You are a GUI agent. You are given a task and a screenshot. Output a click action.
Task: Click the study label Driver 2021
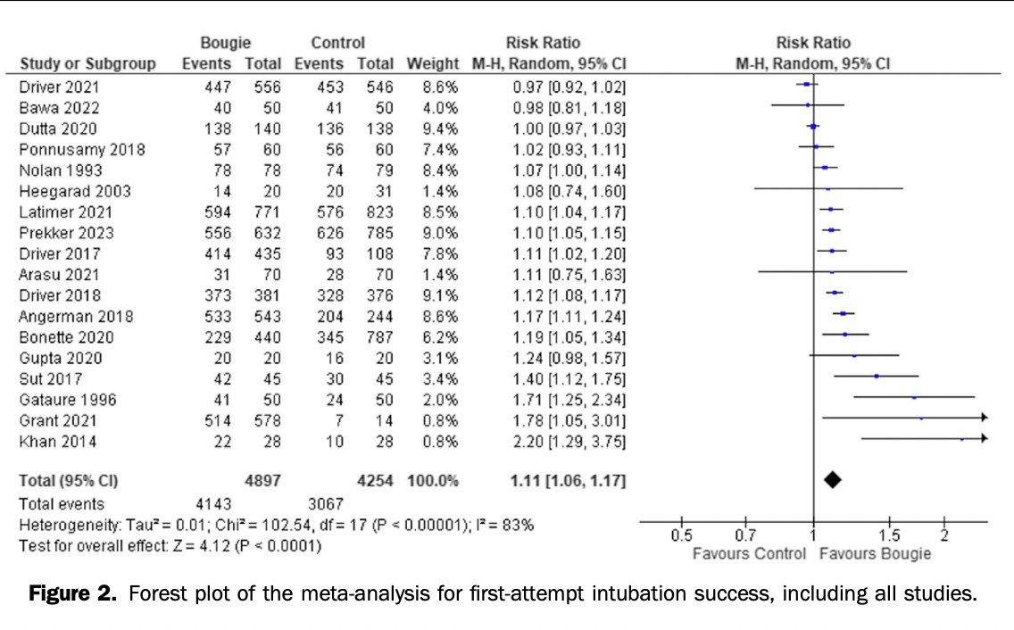[x=59, y=87]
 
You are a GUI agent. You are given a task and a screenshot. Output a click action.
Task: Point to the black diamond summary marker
[x=832, y=480]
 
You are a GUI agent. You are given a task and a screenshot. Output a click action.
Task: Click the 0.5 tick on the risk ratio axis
[x=681, y=535]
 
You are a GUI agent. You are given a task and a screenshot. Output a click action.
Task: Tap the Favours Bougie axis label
[x=874, y=553]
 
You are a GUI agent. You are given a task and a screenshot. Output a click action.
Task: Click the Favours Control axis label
[x=747, y=553]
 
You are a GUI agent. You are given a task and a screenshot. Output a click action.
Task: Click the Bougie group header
[x=226, y=43]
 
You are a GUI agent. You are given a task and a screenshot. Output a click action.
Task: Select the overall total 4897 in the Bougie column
[x=263, y=481]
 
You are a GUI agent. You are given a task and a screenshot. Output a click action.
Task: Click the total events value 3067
[x=325, y=504]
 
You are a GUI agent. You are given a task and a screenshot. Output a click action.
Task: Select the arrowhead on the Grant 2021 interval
[x=984, y=417]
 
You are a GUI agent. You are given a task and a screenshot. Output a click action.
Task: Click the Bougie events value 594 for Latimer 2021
[x=219, y=211]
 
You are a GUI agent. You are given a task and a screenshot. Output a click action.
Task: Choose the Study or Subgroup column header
[x=87, y=64]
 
